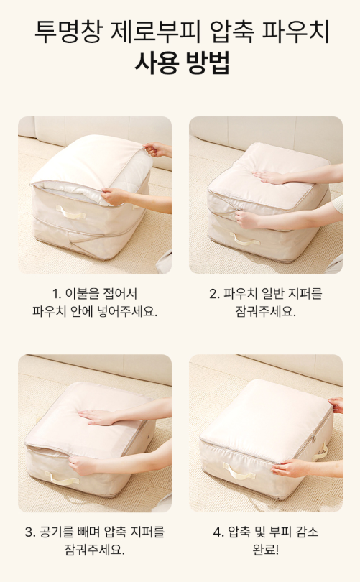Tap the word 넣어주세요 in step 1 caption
point(127,311)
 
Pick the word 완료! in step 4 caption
point(266,550)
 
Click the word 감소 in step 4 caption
point(307,532)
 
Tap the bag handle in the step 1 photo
point(71,212)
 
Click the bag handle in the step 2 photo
point(244,239)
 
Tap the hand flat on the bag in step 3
point(98,417)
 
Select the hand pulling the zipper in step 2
point(248,219)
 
